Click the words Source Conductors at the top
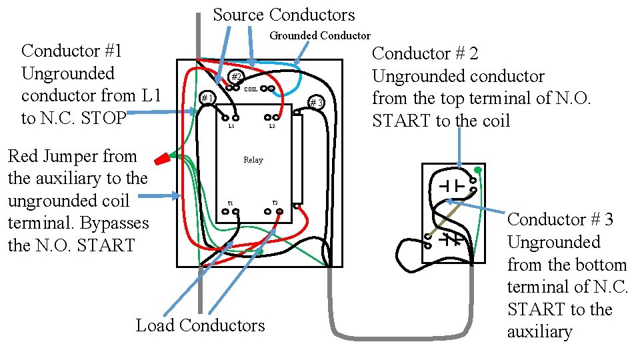[x=284, y=15]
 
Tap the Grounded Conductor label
[x=319, y=35]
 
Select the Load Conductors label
[x=200, y=325]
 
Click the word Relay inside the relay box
[x=253, y=160]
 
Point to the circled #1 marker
[x=208, y=99]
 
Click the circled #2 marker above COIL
[x=235, y=76]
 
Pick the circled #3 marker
[x=315, y=103]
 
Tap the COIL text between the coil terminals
[x=251, y=89]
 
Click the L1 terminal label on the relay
[x=231, y=126]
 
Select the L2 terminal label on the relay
[x=272, y=126]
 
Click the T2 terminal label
[x=275, y=203]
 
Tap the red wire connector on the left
[x=162, y=159]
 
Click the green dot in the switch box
[x=477, y=170]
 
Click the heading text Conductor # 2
[x=425, y=53]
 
